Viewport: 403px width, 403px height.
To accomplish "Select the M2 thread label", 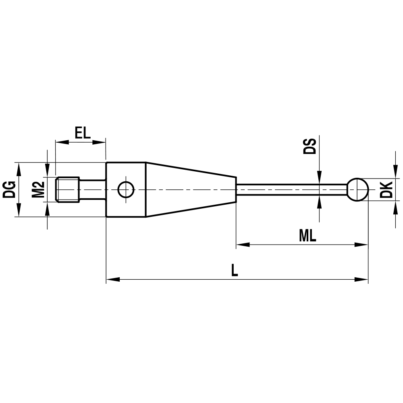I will (x=38, y=189).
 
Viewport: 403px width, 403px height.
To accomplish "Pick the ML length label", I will (x=307, y=236).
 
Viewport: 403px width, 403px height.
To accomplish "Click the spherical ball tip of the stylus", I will (x=357, y=189).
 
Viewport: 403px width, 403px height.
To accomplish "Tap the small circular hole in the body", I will (x=126, y=189).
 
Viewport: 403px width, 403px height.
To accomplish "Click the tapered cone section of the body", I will (x=189, y=189).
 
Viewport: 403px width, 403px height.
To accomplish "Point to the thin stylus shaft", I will (x=290, y=189).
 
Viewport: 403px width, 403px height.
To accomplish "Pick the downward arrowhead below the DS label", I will (x=319, y=177).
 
